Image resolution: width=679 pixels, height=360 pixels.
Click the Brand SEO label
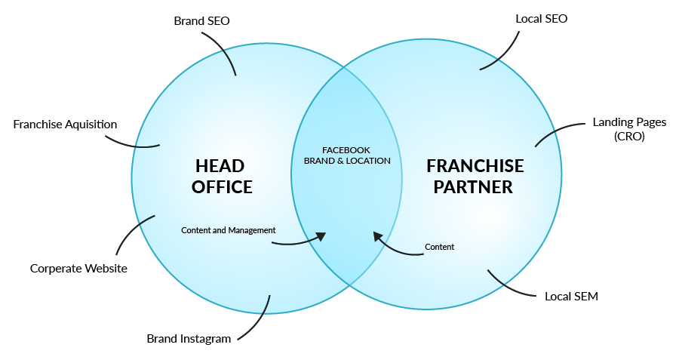[201, 21]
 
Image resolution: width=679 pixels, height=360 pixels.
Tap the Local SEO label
[541, 18]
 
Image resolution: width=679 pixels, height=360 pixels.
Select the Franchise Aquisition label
[65, 124]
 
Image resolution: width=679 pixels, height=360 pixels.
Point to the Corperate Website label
[78, 268]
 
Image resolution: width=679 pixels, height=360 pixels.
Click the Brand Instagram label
[189, 338]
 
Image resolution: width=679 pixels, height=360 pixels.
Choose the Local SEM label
[571, 296]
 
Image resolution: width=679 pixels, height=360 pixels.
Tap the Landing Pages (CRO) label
[619, 129]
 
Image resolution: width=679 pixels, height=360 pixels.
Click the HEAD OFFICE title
[221, 176]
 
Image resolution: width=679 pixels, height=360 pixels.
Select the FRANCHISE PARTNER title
[475, 176]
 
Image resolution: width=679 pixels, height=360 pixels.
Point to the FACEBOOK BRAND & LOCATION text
[346, 155]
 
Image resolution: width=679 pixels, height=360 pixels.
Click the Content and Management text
[229, 230]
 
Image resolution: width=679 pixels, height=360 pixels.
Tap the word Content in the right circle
[439, 247]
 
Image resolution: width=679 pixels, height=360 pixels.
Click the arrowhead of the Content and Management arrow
[321, 236]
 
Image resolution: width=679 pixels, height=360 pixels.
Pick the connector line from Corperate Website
[130, 234]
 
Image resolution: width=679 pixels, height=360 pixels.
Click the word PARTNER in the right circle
[475, 186]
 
